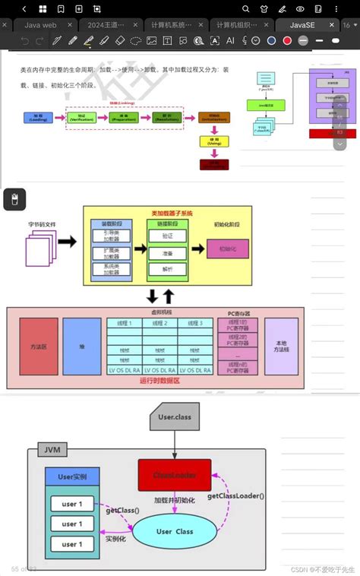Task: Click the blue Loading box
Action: [x=37, y=118]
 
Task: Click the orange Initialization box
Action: [x=213, y=119]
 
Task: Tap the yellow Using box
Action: [x=213, y=142]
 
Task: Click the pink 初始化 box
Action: [x=227, y=248]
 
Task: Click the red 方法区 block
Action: [x=39, y=346]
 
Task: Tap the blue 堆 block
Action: [x=81, y=346]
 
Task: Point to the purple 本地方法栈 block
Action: [x=282, y=346]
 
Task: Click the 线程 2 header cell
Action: [x=159, y=323]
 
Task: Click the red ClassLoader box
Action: [x=174, y=475]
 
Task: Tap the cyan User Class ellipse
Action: [x=174, y=532]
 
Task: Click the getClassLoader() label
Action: [x=235, y=495]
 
